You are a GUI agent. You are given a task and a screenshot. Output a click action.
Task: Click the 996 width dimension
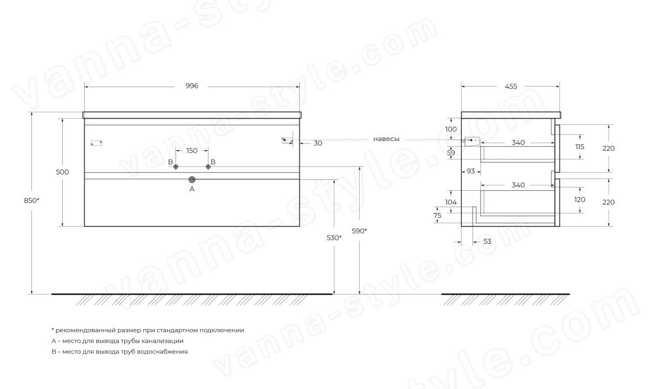(x=192, y=86)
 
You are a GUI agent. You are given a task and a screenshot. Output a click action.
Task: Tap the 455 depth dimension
(x=511, y=86)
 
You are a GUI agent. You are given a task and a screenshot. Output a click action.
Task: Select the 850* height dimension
(x=31, y=200)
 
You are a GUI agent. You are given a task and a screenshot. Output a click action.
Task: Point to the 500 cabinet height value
(x=62, y=172)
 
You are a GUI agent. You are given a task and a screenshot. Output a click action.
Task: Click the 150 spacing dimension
(x=192, y=151)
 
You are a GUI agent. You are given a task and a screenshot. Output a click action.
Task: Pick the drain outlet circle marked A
(x=192, y=180)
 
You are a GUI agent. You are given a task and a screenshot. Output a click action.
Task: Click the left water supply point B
(x=175, y=167)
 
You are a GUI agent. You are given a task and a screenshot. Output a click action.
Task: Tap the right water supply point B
(x=208, y=167)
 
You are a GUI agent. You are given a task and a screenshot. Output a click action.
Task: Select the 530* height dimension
(x=334, y=238)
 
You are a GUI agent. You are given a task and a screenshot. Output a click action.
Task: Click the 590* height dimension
(x=359, y=231)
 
